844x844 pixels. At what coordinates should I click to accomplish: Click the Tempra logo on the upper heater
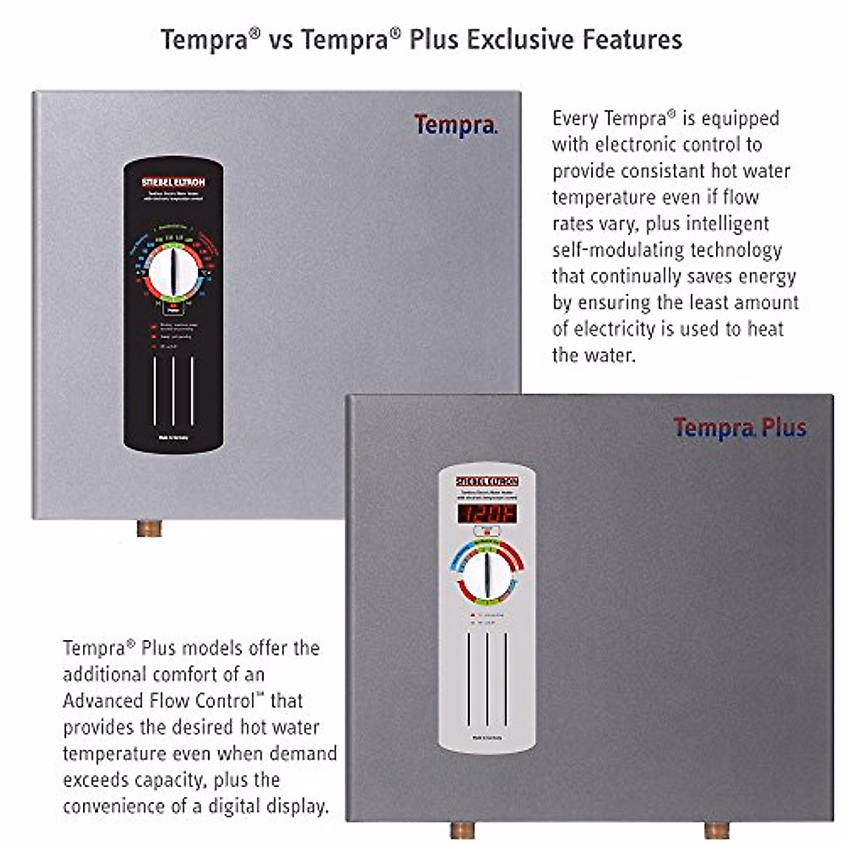pyautogui.click(x=455, y=125)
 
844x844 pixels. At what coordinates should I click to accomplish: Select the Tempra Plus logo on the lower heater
pyautogui.click(x=740, y=428)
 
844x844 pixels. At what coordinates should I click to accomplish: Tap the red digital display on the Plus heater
pyautogui.click(x=487, y=513)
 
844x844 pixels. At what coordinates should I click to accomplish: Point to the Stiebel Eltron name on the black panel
pyautogui.click(x=173, y=182)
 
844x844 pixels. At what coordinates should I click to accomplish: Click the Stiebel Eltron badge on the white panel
pyautogui.click(x=487, y=482)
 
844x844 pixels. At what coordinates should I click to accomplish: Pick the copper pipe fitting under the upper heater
pyautogui.click(x=149, y=528)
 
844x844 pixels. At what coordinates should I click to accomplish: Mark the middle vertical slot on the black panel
pyautogui.click(x=173, y=391)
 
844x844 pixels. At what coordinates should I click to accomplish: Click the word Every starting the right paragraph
pyautogui.click(x=575, y=118)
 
